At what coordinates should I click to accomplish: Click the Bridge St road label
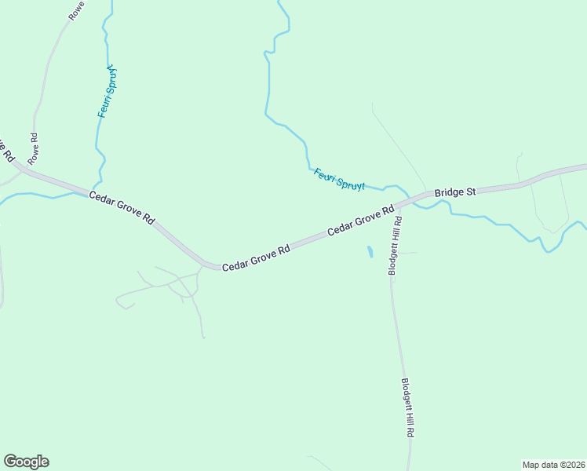tap(456, 191)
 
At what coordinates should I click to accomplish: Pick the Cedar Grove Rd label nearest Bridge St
tap(360, 221)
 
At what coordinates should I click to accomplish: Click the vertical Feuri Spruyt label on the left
tap(108, 91)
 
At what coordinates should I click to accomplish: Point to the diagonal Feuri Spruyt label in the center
tap(340, 180)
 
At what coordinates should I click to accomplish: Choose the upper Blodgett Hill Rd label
tap(396, 246)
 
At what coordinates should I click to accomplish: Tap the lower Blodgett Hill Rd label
tap(408, 408)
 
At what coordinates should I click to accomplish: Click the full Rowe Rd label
tap(33, 148)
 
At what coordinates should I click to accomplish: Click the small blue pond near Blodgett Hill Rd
tap(370, 252)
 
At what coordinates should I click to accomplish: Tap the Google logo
tap(26, 462)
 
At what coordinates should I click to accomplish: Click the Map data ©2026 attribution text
tap(553, 465)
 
